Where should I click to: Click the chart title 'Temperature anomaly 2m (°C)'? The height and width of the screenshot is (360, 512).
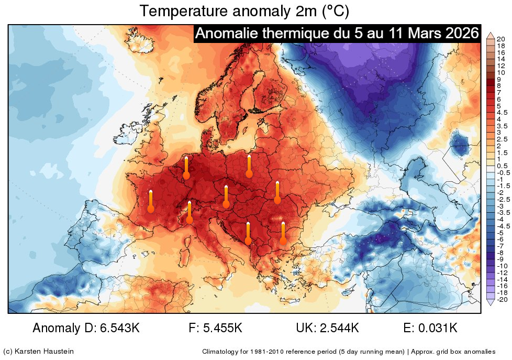click(x=244, y=10)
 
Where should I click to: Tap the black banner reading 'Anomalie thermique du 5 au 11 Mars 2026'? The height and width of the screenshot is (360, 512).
click(x=337, y=34)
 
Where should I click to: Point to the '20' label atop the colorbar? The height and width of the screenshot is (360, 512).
click(x=500, y=39)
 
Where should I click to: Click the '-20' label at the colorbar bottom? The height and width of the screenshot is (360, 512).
click(x=500, y=299)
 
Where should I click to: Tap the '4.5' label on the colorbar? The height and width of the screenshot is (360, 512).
click(x=502, y=112)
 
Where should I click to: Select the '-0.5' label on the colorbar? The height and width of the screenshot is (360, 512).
click(x=503, y=172)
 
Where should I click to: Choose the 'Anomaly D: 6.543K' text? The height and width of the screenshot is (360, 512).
click(x=86, y=329)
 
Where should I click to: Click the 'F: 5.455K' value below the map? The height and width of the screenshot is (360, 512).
click(x=215, y=329)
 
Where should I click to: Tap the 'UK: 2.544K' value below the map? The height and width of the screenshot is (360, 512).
click(x=327, y=329)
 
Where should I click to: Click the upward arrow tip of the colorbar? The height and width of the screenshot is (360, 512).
click(x=491, y=34)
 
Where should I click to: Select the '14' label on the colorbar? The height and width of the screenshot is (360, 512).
click(x=500, y=59)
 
